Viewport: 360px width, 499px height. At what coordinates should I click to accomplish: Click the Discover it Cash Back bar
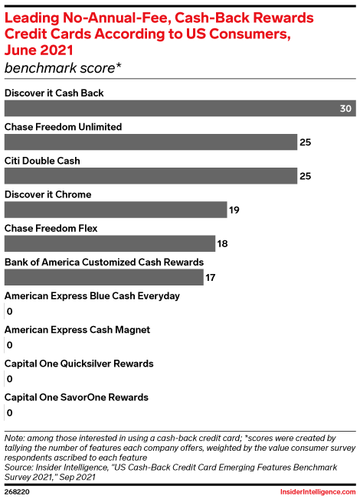point(180,108)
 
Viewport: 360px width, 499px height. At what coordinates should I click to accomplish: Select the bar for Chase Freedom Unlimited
point(151,142)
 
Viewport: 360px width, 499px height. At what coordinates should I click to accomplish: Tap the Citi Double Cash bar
point(151,176)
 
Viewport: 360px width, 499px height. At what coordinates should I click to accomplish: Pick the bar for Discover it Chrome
point(116,210)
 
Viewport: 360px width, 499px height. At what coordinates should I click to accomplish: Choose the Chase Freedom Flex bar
point(110,243)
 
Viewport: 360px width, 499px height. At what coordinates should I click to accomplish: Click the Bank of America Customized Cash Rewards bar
point(104,277)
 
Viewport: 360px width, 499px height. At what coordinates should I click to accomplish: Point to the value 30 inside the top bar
point(345,109)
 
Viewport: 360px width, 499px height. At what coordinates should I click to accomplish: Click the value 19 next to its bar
point(234,210)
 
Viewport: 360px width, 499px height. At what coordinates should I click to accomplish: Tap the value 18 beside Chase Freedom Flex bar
point(222,244)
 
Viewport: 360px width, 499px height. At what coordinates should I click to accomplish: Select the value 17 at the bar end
point(211,278)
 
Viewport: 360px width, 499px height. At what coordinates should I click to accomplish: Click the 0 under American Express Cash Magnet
point(9,345)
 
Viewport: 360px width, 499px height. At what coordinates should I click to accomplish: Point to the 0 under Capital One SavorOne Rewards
point(9,413)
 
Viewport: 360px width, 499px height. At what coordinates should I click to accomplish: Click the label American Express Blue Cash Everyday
point(92,296)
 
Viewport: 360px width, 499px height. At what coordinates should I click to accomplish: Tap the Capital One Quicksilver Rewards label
point(79,364)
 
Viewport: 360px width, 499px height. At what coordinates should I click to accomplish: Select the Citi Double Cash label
point(42,161)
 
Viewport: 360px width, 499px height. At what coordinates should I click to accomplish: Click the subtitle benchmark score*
point(63,68)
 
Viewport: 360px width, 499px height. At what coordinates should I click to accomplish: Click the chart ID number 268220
point(17,491)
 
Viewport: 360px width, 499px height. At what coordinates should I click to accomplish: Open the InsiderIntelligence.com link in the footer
point(318,491)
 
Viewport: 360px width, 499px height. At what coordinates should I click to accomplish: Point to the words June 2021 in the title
point(39,51)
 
